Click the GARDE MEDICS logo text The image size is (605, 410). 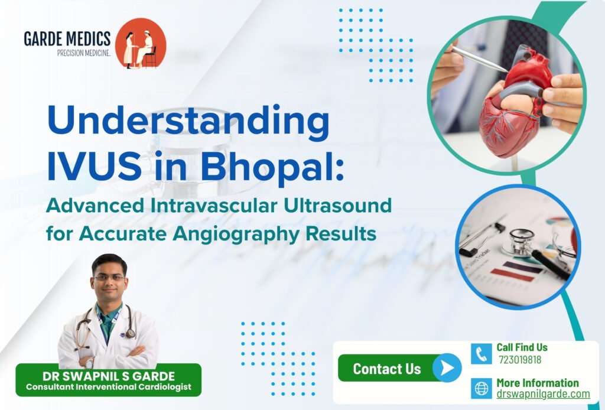click(x=67, y=39)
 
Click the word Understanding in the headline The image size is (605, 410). click(x=188, y=124)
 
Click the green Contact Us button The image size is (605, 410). click(x=387, y=369)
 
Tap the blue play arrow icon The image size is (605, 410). click(x=447, y=369)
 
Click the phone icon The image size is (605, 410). click(x=482, y=354)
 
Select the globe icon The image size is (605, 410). click(x=482, y=389)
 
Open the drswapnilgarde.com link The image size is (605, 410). click(x=542, y=394)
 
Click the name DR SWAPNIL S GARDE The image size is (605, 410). click(x=108, y=376)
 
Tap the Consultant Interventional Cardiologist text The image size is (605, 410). click(x=108, y=387)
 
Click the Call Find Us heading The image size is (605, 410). click(x=522, y=347)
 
